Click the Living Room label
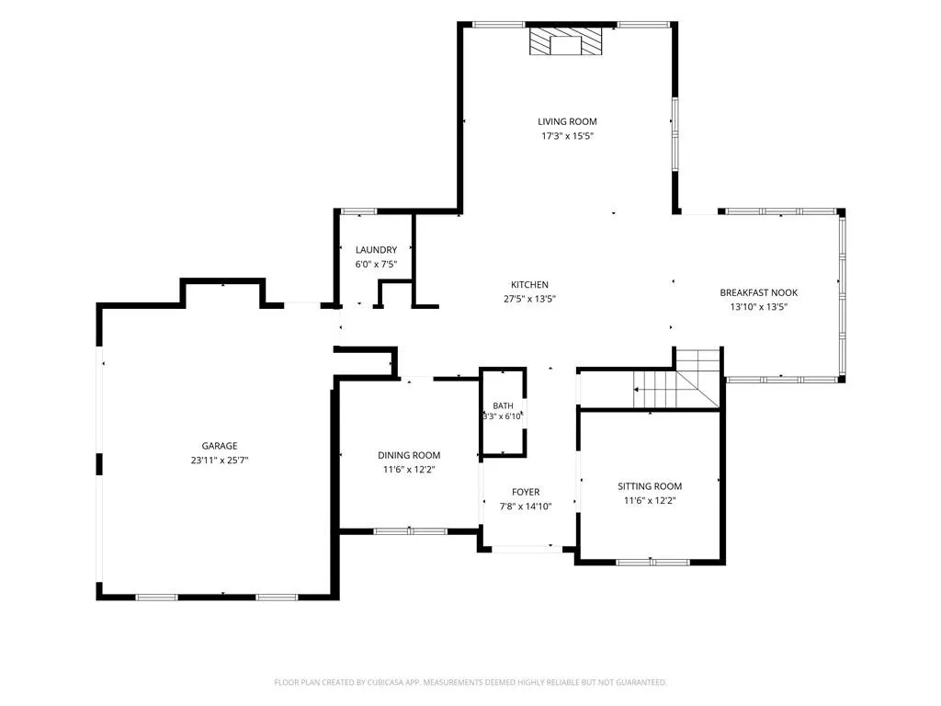point(567,122)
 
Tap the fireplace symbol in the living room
point(565,41)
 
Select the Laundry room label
point(376,250)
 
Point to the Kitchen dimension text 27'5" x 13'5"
point(529,299)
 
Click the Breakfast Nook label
point(758,293)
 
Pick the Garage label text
point(220,446)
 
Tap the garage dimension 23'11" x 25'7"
point(220,461)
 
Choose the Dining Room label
point(409,456)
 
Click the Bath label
point(503,405)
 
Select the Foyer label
point(526,493)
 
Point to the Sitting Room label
point(650,486)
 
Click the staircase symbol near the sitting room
point(677,379)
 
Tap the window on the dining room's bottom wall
point(410,531)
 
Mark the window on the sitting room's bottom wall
point(653,563)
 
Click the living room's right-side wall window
point(675,134)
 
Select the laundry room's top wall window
point(359,211)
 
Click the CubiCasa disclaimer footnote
point(470,683)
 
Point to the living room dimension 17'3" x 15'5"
point(567,136)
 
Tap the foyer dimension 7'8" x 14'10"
point(526,507)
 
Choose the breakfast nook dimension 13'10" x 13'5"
point(758,307)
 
